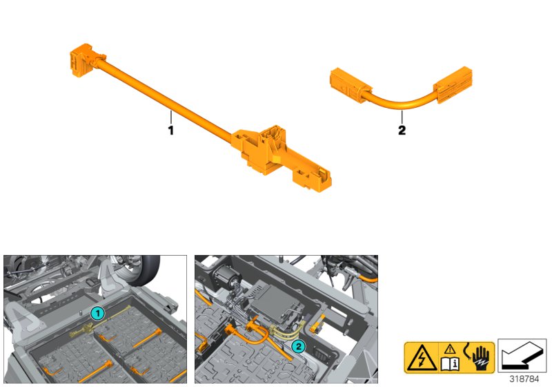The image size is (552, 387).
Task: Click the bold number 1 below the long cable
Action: click(x=170, y=131)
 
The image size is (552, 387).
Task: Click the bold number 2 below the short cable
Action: click(x=402, y=131)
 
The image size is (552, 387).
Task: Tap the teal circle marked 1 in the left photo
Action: click(x=97, y=313)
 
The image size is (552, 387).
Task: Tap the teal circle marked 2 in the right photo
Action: click(x=299, y=346)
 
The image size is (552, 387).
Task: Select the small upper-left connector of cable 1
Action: click(x=83, y=59)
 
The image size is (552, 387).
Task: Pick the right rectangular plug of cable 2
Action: click(x=453, y=85)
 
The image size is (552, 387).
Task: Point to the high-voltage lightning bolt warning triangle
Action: click(x=422, y=359)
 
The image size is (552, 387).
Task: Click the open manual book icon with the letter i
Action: click(x=450, y=364)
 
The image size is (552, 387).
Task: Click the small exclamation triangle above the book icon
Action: click(x=450, y=349)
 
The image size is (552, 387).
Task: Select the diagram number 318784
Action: click(x=524, y=379)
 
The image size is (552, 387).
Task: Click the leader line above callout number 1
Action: click(x=170, y=117)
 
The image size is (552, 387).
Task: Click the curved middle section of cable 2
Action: click(x=402, y=103)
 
